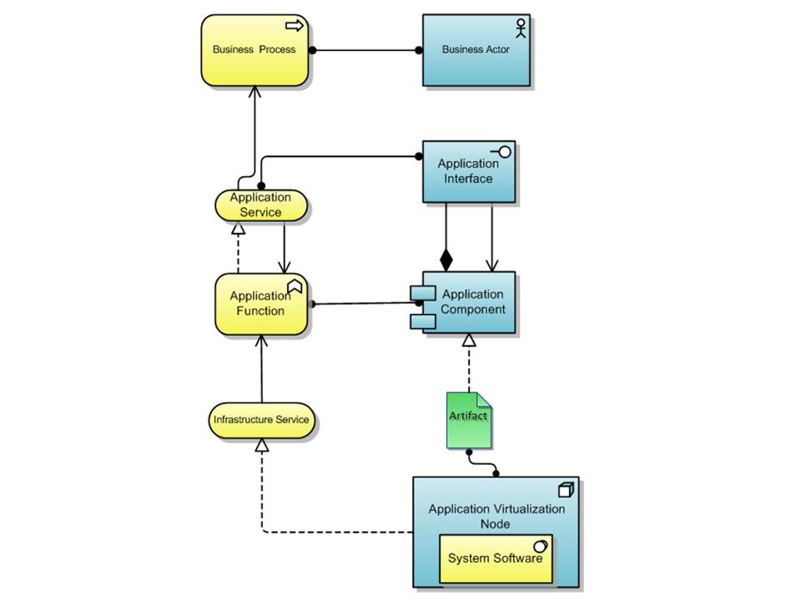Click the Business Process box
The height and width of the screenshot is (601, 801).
[x=254, y=50]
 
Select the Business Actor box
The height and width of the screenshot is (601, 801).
[x=476, y=50]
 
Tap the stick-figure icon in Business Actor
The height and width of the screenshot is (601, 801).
[x=521, y=27]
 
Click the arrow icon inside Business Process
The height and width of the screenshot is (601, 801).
[x=295, y=27]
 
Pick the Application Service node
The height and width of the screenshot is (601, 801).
[x=260, y=205]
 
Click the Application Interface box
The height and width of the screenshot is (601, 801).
[x=468, y=171]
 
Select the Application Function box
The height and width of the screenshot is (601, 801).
[x=261, y=304]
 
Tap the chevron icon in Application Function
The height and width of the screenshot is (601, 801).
[x=295, y=286]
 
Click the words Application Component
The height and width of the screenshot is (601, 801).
[x=473, y=301]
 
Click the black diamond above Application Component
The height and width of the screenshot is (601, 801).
[x=446, y=260]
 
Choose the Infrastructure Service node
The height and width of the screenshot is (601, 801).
[x=261, y=420]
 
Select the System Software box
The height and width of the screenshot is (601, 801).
[x=496, y=558]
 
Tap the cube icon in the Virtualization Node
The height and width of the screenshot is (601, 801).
[x=565, y=490]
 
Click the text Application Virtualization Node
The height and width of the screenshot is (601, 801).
[x=496, y=516]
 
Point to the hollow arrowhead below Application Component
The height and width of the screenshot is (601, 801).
[x=469, y=340]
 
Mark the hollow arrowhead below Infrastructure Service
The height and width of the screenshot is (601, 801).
[x=262, y=447]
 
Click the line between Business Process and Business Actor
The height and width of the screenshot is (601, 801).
[x=367, y=50]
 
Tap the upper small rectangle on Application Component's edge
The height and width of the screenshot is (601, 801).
[x=418, y=293]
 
